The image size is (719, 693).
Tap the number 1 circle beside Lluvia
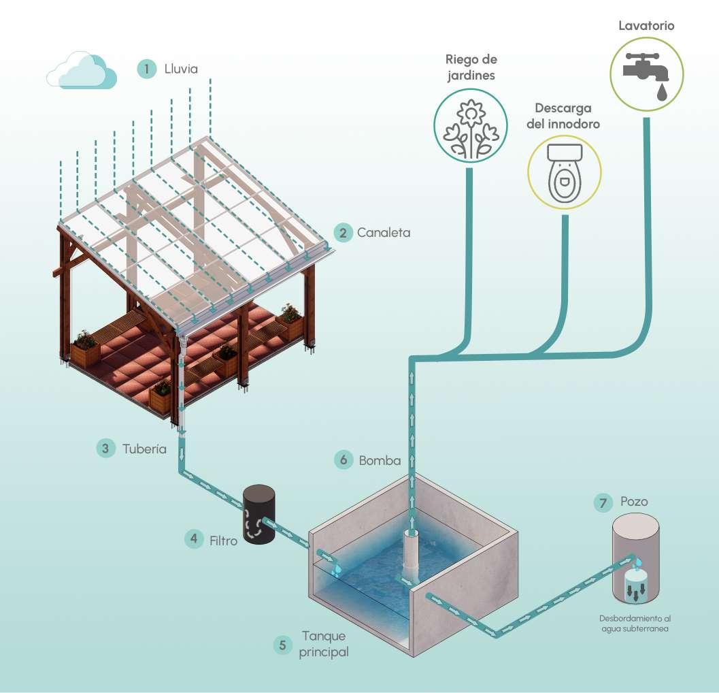click(146, 69)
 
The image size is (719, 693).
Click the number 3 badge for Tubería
click(105, 449)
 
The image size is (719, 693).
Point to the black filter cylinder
click(259, 515)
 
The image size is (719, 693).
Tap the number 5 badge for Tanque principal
click(282, 645)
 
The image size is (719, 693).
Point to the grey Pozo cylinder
click(635, 558)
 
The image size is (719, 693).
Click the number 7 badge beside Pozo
click(602, 502)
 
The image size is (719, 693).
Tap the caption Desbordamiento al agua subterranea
click(635, 624)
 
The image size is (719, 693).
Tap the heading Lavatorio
click(646, 27)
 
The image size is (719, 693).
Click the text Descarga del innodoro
click(563, 116)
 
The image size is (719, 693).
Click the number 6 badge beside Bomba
click(344, 460)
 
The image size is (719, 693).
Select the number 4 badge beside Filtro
click(194, 538)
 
